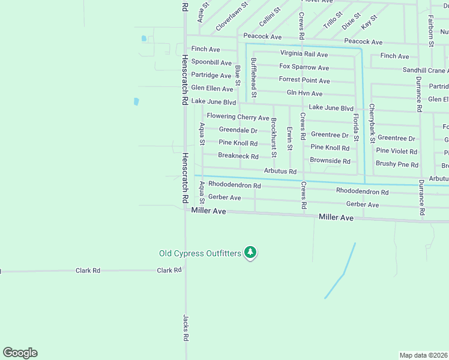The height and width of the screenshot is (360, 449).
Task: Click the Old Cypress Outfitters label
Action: (x=200, y=253)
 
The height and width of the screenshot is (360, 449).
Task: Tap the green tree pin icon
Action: (x=250, y=253)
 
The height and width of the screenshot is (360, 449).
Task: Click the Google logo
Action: (x=20, y=353)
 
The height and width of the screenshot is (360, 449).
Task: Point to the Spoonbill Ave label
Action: (x=211, y=62)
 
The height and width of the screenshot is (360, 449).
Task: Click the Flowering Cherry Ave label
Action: (x=238, y=117)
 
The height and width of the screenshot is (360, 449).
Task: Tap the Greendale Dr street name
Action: (x=238, y=130)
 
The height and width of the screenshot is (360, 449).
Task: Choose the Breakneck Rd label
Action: (x=238, y=156)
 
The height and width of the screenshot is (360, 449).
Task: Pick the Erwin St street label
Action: (x=289, y=138)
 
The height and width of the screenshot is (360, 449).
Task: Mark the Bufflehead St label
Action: (x=254, y=77)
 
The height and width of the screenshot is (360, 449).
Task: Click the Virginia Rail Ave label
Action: (x=304, y=54)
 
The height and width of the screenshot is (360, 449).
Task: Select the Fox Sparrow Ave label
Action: (x=304, y=67)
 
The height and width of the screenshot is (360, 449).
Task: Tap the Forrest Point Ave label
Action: (x=304, y=80)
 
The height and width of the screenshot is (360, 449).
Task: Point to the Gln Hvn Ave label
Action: (x=304, y=94)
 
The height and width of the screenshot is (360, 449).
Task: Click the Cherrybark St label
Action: (x=372, y=123)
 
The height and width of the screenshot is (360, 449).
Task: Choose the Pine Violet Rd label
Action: (x=396, y=151)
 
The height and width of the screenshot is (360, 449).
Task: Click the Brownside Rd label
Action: (x=330, y=161)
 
